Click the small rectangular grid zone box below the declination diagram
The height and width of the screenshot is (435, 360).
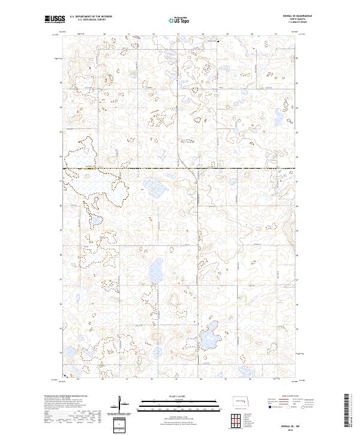120,425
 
